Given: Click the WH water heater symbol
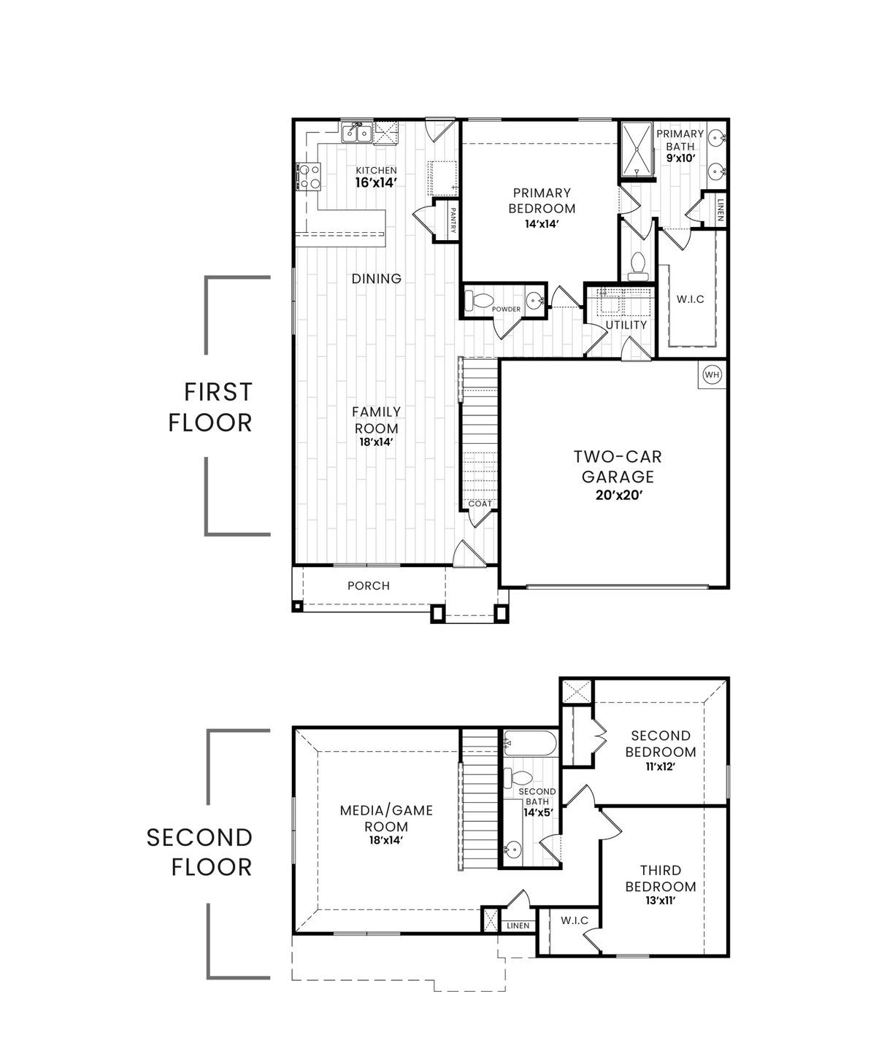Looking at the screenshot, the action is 712,374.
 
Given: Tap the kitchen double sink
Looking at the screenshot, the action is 356,132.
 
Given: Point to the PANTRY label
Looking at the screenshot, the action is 453,220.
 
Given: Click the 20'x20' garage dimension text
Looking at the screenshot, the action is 619,496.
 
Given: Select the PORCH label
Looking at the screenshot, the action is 369,586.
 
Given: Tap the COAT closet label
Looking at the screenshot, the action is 480,504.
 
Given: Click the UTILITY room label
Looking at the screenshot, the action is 626,326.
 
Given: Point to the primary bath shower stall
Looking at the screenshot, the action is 637,150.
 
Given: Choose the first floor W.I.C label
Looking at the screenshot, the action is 691,299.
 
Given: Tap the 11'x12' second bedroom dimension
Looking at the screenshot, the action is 661,767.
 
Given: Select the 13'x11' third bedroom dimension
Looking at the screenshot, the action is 661,901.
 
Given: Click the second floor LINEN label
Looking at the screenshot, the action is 518,925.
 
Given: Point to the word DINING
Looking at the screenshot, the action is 377,278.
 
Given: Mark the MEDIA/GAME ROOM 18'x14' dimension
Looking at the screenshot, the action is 386,840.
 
